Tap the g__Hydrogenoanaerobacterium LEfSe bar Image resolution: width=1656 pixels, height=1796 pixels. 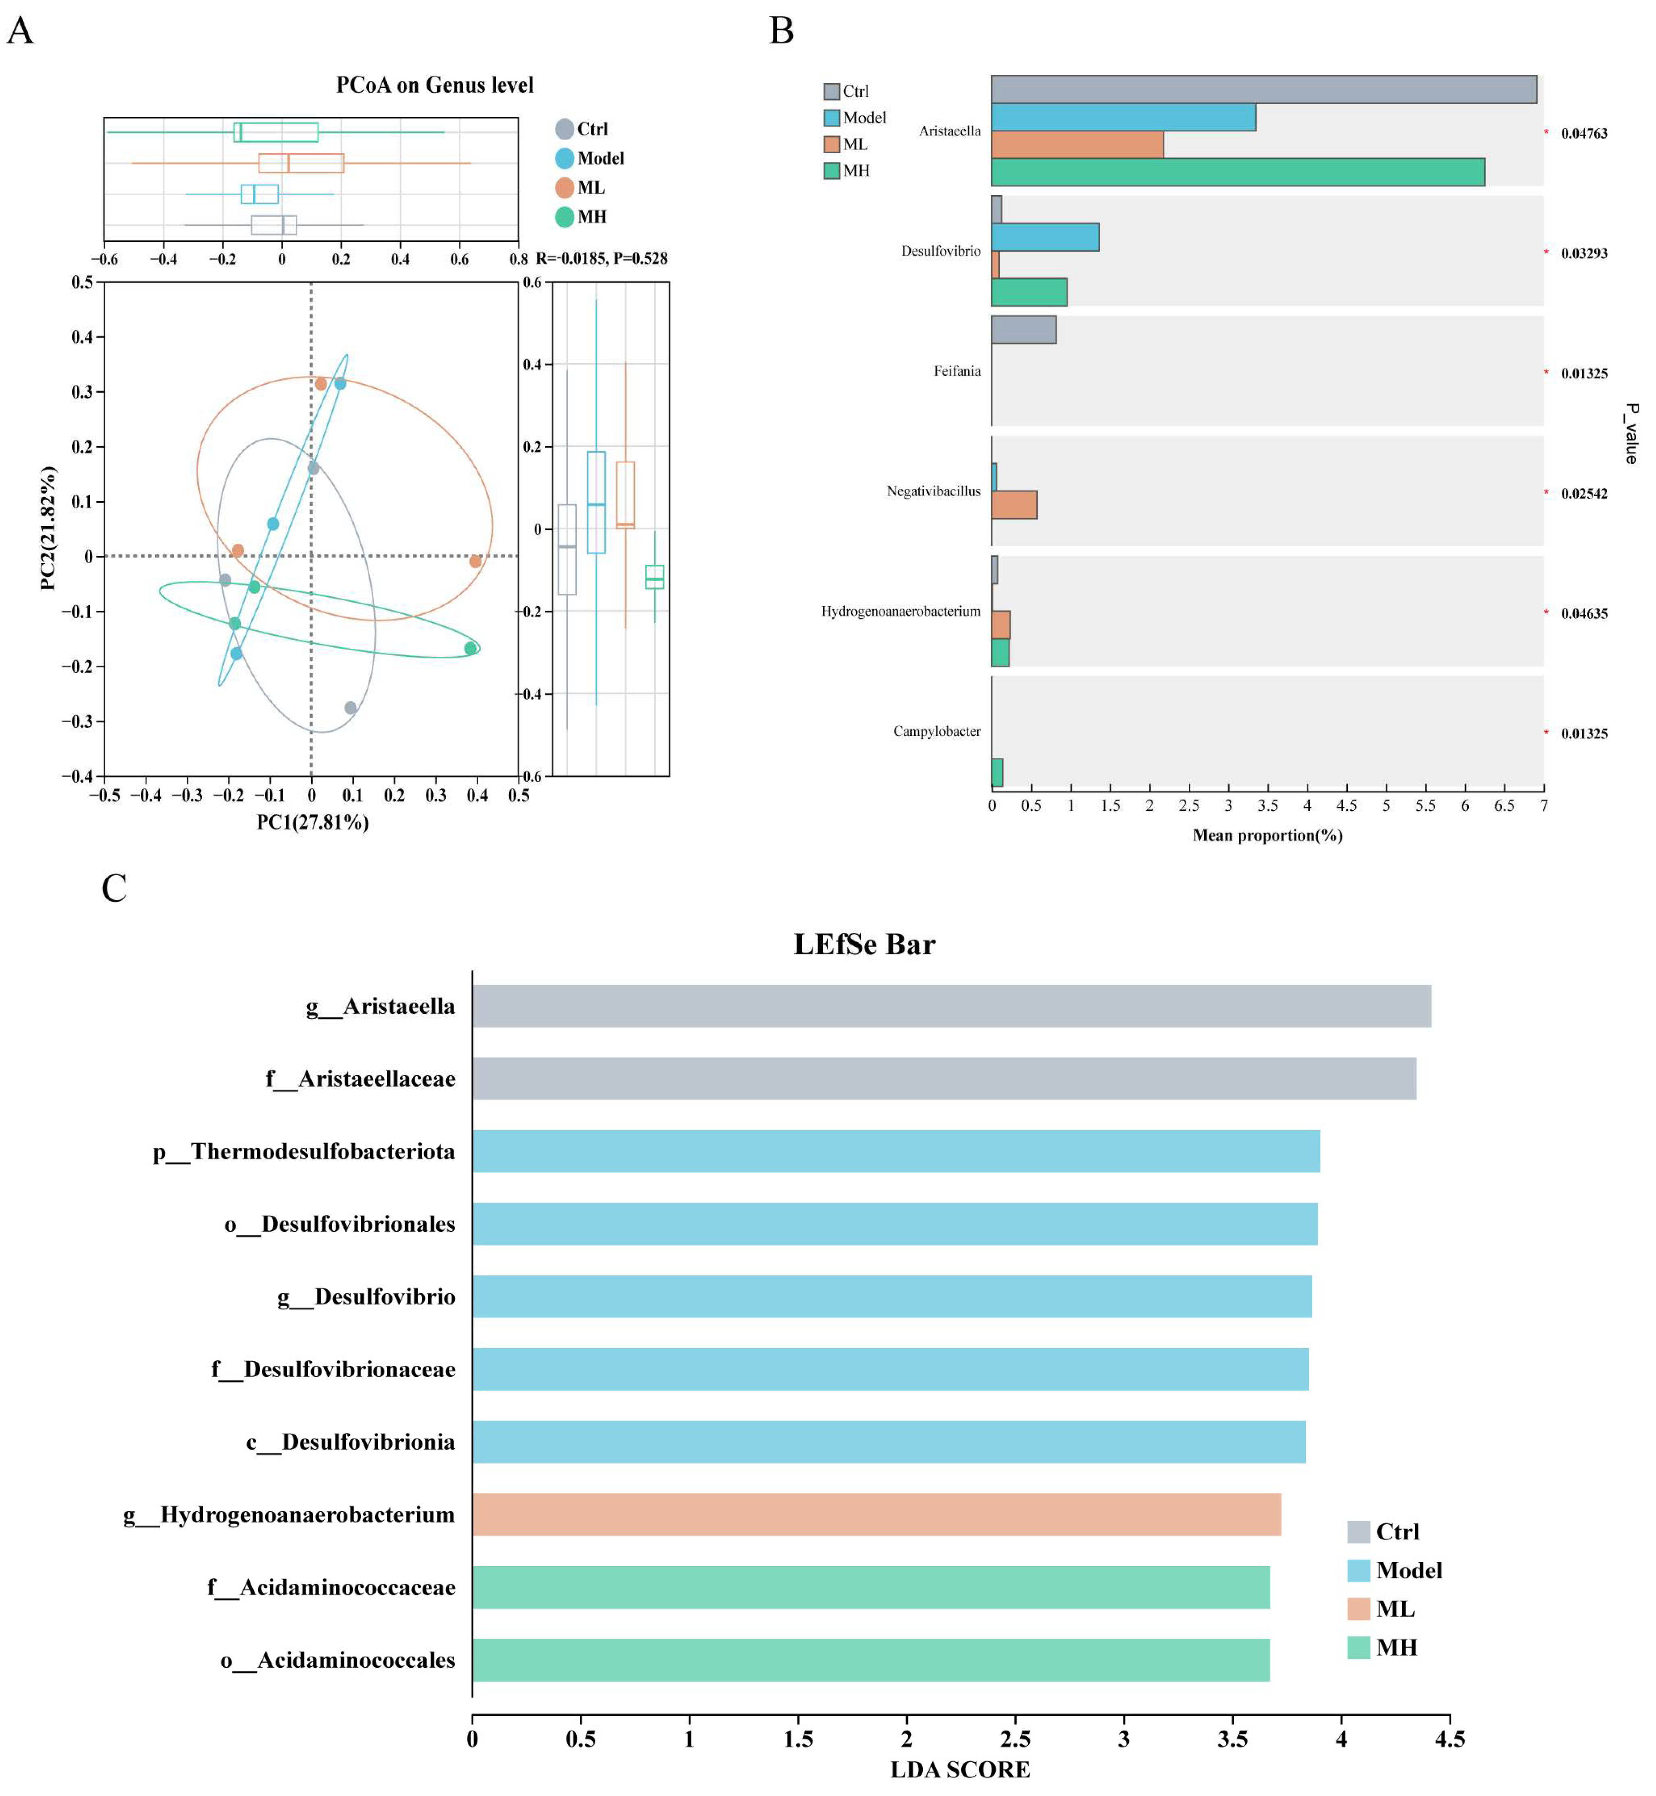[x=876, y=1515]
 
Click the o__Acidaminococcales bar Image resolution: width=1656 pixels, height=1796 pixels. [x=871, y=1660]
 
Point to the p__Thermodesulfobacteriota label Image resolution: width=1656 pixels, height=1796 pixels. [x=304, y=1152]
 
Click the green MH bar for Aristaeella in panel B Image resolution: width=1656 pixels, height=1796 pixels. [x=1238, y=172]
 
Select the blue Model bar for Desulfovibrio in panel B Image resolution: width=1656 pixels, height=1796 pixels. [x=1045, y=238]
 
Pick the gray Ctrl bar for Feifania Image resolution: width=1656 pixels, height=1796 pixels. [x=1023, y=330]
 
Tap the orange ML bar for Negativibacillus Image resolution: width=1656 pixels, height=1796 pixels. [x=1013, y=505]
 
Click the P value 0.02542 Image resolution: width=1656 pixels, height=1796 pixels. [x=1584, y=494]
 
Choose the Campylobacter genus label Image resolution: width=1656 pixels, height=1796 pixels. [x=937, y=731]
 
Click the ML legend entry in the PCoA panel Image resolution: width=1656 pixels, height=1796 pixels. [x=581, y=187]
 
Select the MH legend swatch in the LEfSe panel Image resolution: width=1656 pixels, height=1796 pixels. [x=1358, y=1647]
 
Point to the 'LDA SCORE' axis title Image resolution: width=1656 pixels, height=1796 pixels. [x=960, y=1770]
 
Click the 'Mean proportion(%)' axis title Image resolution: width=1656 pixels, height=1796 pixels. [x=1267, y=835]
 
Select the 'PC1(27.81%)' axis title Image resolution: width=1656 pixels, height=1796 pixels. [x=313, y=822]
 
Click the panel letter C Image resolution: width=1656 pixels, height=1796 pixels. [x=114, y=888]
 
